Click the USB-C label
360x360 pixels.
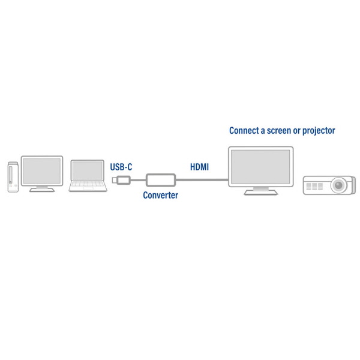tap(121, 167)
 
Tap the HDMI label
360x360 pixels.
tap(200, 167)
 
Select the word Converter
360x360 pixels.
tap(160, 195)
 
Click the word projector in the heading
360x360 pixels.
tap(319, 131)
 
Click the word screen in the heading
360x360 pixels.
tap(279, 131)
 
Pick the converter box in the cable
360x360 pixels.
tap(161, 180)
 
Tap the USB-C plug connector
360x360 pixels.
tap(121, 180)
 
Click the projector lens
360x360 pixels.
tap(338, 185)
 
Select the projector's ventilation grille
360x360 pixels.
tap(314, 186)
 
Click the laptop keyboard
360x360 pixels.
tap(88, 184)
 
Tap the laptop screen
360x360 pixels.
tap(87, 170)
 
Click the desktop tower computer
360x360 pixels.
tap(13, 177)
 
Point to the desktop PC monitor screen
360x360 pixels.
tap(42, 171)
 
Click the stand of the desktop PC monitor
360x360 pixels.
tap(42, 189)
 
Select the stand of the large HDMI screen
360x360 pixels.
tap(260, 191)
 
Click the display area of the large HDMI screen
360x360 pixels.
tap(260, 166)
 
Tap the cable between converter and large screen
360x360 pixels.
tap(202, 180)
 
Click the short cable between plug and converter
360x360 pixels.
tap(138, 180)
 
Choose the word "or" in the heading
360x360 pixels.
tap(296, 131)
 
